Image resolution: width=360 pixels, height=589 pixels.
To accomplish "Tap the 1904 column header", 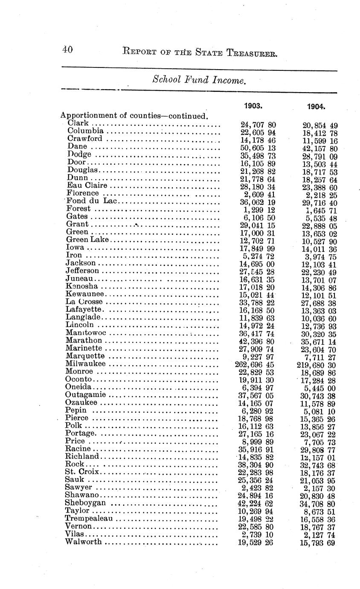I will (x=316, y=106).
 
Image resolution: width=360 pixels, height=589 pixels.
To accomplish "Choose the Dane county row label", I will (x=77, y=146).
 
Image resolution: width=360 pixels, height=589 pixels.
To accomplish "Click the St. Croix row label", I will (x=82, y=472).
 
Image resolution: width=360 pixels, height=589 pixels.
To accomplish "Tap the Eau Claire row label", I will (x=87, y=186).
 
